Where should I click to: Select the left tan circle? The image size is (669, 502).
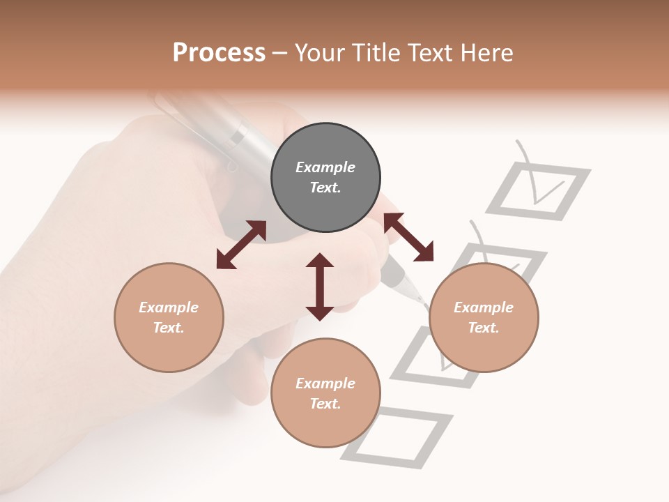(x=169, y=317)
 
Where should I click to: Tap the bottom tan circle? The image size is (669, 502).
(x=325, y=393)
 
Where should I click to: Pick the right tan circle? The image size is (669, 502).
(x=484, y=317)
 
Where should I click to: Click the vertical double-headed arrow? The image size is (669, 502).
(x=320, y=287)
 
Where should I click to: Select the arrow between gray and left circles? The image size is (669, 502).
(x=241, y=245)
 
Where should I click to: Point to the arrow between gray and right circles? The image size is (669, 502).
(x=408, y=237)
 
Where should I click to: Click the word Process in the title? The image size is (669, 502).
(x=219, y=52)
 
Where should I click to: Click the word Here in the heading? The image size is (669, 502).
(x=488, y=52)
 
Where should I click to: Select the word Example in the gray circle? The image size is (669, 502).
(x=325, y=167)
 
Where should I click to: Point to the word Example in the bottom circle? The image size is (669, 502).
(x=325, y=383)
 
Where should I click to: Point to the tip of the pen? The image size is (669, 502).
(x=421, y=301)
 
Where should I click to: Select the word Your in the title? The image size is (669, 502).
(x=318, y=52)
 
